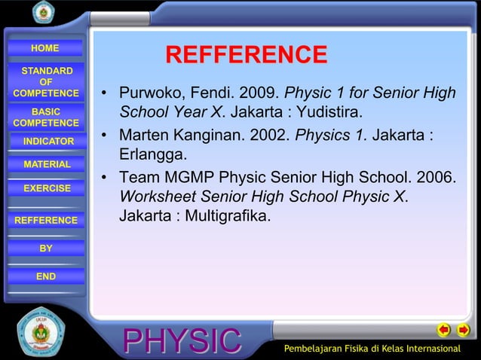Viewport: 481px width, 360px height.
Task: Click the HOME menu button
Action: coord(45,48)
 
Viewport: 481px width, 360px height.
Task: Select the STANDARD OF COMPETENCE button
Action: coord(46,82)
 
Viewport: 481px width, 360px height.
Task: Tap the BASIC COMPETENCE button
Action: coord(46,117)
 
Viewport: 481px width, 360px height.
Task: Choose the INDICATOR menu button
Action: coord(48,142)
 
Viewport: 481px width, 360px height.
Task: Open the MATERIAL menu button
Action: coord(47,164)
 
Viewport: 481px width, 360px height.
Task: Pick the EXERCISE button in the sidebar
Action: coord(47,188)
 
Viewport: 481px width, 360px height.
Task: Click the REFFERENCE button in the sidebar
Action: coord(46,220)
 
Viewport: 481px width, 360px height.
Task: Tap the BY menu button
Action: coord(46,248)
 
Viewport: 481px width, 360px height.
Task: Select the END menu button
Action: coord(46,276)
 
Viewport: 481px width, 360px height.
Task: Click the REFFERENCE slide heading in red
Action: coord(246,55)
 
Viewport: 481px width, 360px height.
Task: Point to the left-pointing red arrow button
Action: coord(444,330)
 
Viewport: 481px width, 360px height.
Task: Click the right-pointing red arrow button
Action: coord(464,330)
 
